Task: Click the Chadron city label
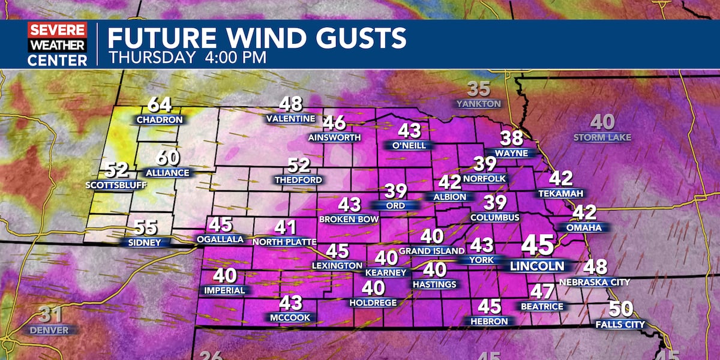(160, 120)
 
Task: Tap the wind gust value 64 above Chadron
(160, 105)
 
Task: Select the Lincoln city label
(537, 266)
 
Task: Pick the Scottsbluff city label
(116, 185)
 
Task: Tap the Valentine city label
(291, 119)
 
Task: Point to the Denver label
(50, 330)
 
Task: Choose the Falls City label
(620, 325)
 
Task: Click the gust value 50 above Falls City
(620, 310)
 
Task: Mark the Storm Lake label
(602, 137)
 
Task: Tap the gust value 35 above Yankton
(479, 89)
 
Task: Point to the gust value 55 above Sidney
(146, 228)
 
